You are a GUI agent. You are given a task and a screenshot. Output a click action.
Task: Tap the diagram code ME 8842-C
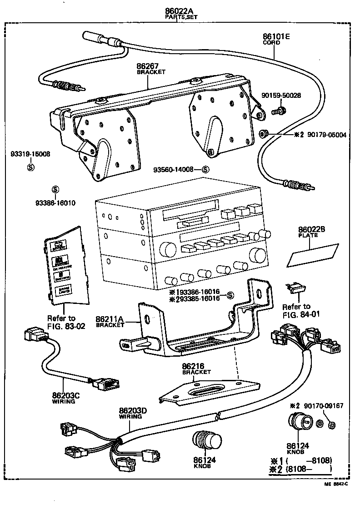[x=339, y=496]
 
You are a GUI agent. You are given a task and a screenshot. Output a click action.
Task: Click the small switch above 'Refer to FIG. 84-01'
[x=294, y=288]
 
